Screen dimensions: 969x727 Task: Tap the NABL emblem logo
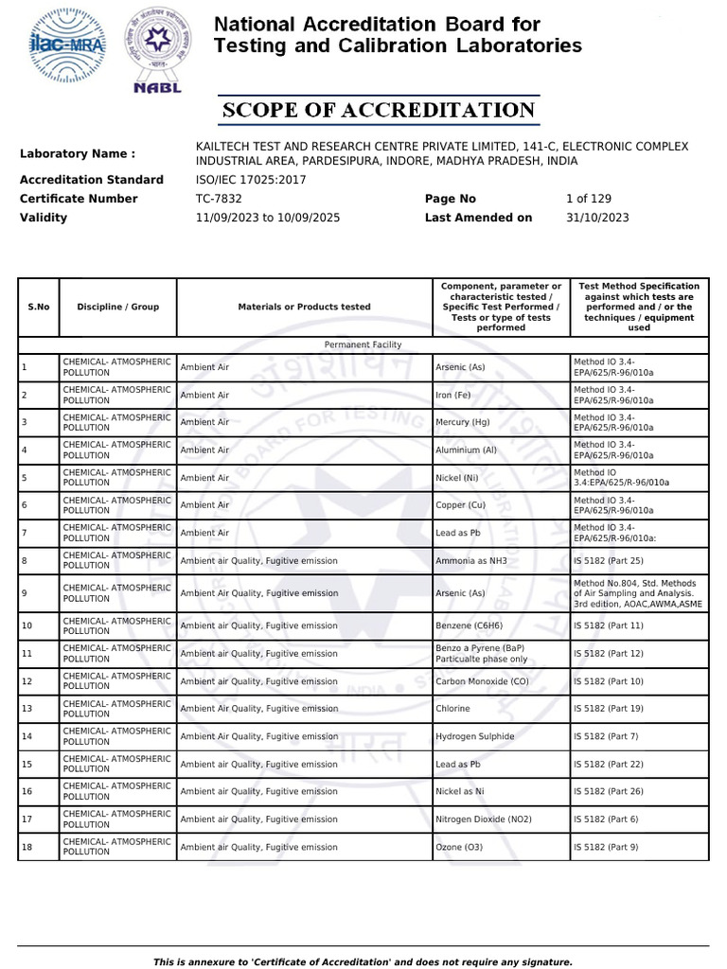pos(152,52)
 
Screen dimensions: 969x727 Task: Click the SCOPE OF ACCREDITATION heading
pos(379,111)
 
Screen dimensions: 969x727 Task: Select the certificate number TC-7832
pos(219,199)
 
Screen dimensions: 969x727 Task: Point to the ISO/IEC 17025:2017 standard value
pos(251,180)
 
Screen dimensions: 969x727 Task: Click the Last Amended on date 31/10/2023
pos(597,218)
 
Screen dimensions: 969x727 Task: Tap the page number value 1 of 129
pos(589,199)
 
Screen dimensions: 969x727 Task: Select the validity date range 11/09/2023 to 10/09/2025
pos(268,218)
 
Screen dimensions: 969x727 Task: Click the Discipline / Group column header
pos(118,307)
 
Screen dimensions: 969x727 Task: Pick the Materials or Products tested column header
pos(304,307)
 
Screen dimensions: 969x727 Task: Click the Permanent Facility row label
pos(363,345)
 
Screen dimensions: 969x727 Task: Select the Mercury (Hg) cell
pos(463,422)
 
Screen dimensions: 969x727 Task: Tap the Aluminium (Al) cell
pos(466,450)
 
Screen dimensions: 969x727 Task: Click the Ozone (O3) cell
pos(459,847)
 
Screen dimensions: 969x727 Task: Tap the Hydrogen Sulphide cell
pos(475,736)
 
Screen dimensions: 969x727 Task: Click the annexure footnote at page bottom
pos(363,961)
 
